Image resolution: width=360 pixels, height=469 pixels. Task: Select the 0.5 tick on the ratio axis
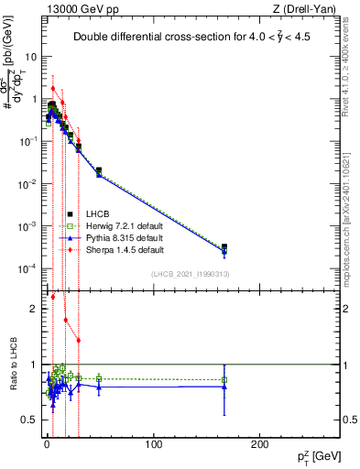tap(31, 419)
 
